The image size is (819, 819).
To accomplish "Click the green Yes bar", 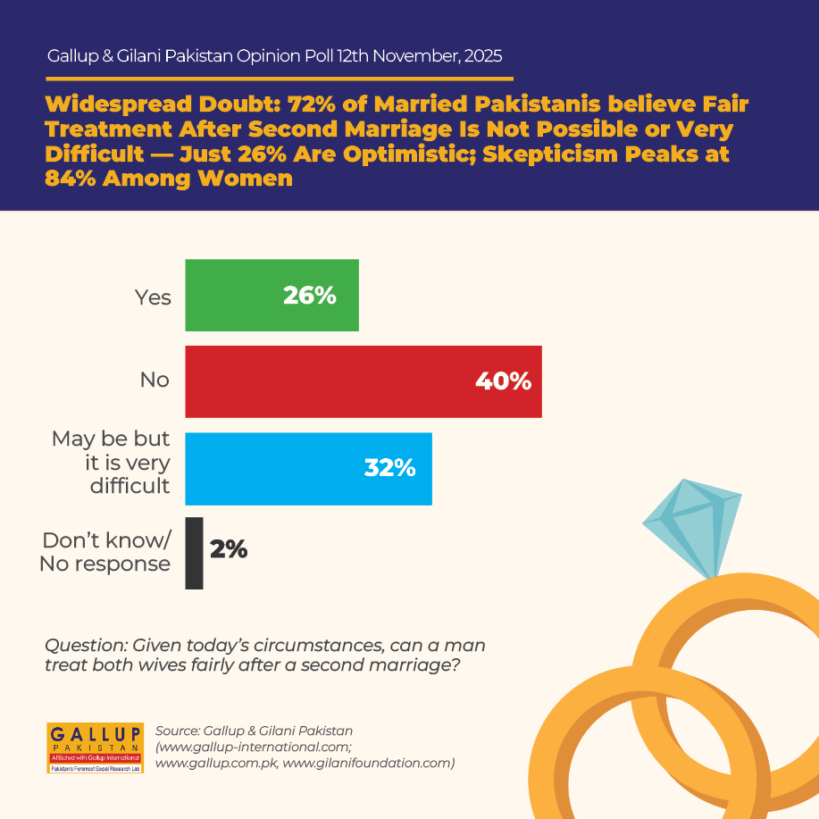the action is click(x=272, y=295).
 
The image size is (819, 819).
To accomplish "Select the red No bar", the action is click(x=364, y=382).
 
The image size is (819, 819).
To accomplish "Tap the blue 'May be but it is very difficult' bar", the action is click(x=309, y=469).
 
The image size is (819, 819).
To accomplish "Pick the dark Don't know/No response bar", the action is click(x=195, y=553).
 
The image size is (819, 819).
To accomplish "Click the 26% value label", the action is click(x=310, y=296).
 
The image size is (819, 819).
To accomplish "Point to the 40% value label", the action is click(x=504, y=381).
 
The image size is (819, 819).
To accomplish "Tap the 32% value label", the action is click(x=389, y=468).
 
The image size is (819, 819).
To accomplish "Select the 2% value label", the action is click(x=229, y=549).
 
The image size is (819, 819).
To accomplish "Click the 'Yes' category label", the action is click(x=153, y=297).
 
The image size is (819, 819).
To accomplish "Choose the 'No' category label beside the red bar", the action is click(x=155, y=380).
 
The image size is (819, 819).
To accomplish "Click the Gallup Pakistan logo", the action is click(x=95, y=748).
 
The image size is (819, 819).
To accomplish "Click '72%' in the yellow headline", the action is click(x=312, y=104).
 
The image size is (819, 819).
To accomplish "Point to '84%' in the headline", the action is click(x=71, y=179).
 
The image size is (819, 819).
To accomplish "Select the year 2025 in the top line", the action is click(x=483, y=56).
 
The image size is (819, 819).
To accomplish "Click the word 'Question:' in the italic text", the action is click(x=86, y=646).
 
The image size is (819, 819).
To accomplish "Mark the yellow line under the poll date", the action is click(x=280, y=79).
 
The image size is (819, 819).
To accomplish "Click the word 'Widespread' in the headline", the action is click(x=119, y=104).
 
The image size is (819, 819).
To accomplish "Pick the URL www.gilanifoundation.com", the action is click(x=367, y=763).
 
